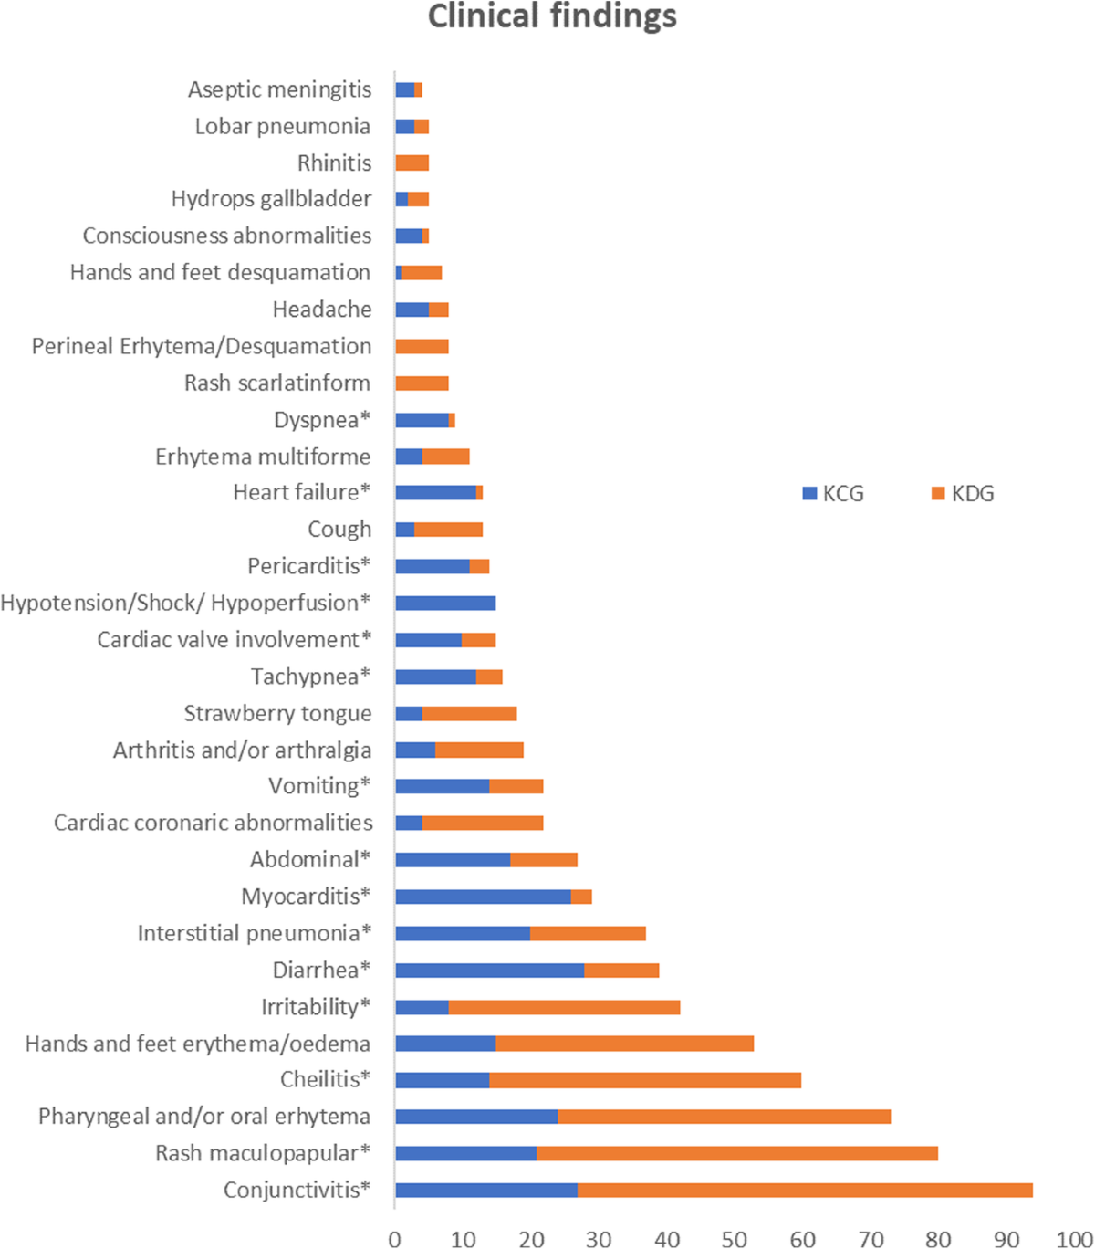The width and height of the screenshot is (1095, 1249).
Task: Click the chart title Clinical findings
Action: (x=552, y=17)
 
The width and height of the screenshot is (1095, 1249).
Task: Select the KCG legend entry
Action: (x=832, y=494)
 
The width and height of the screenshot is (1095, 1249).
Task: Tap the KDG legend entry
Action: (x=963, y=494)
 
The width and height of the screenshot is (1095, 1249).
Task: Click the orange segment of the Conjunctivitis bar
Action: (x=805, y=1190)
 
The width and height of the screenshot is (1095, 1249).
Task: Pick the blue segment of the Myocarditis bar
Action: (x=483, y=897)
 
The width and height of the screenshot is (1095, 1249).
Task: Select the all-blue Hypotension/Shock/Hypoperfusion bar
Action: (x=445, y=603)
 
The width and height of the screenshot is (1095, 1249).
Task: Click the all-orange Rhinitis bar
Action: (x=412, y=163)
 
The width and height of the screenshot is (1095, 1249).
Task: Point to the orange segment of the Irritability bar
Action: (x=564, y=1006)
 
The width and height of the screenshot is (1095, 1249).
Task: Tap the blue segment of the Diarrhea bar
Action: (x=489, y=970)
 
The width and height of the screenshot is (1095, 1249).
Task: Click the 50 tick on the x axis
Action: (x=735, y=1239)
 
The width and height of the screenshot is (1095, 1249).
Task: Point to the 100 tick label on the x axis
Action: (x=1071, y=1239)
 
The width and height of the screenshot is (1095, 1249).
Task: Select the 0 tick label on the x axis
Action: (x=395, y=1239)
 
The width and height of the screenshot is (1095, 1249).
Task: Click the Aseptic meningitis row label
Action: (x=279, y=89)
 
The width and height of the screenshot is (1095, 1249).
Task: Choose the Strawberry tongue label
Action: (x=277, y=713)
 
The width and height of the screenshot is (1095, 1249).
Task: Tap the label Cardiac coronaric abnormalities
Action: (x=213, y=823)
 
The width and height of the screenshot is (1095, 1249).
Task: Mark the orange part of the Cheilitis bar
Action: (x=645, y=1080)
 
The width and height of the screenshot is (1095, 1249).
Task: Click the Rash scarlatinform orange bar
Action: (x=422, y=383)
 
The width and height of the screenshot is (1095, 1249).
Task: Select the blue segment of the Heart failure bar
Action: (x=435, y=493)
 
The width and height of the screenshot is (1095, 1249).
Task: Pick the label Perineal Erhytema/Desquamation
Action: (x=201, y=346)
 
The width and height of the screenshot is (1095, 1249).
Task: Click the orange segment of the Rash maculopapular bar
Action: (x=736, y=1153)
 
